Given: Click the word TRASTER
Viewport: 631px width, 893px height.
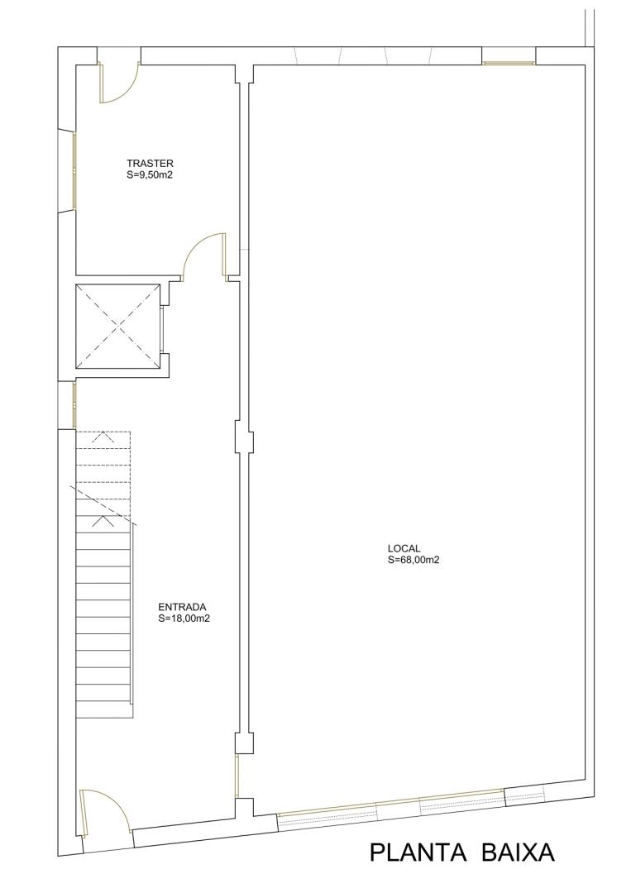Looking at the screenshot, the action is coord(150,165).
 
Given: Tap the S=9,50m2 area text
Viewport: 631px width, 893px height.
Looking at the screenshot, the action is coord(149,175).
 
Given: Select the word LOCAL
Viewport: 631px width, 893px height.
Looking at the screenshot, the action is coord(404,548).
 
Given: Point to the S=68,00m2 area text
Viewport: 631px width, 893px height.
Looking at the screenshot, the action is coord(413,560).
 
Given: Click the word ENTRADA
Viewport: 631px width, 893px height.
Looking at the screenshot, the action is coord(182,607).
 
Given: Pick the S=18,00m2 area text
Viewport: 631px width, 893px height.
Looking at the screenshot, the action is coord(184,618).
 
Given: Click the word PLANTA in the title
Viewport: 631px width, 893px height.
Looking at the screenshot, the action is coord(418,852).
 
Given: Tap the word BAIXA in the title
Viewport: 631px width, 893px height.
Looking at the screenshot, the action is coord(518,852).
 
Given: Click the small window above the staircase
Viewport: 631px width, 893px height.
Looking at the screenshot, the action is coord(74,405).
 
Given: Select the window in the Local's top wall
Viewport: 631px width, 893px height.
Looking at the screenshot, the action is coord(509,63).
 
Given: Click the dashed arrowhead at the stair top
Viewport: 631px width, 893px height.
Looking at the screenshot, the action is coord(103,437).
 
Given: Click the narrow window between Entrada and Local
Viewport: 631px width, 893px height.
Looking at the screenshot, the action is coord(237,776).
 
